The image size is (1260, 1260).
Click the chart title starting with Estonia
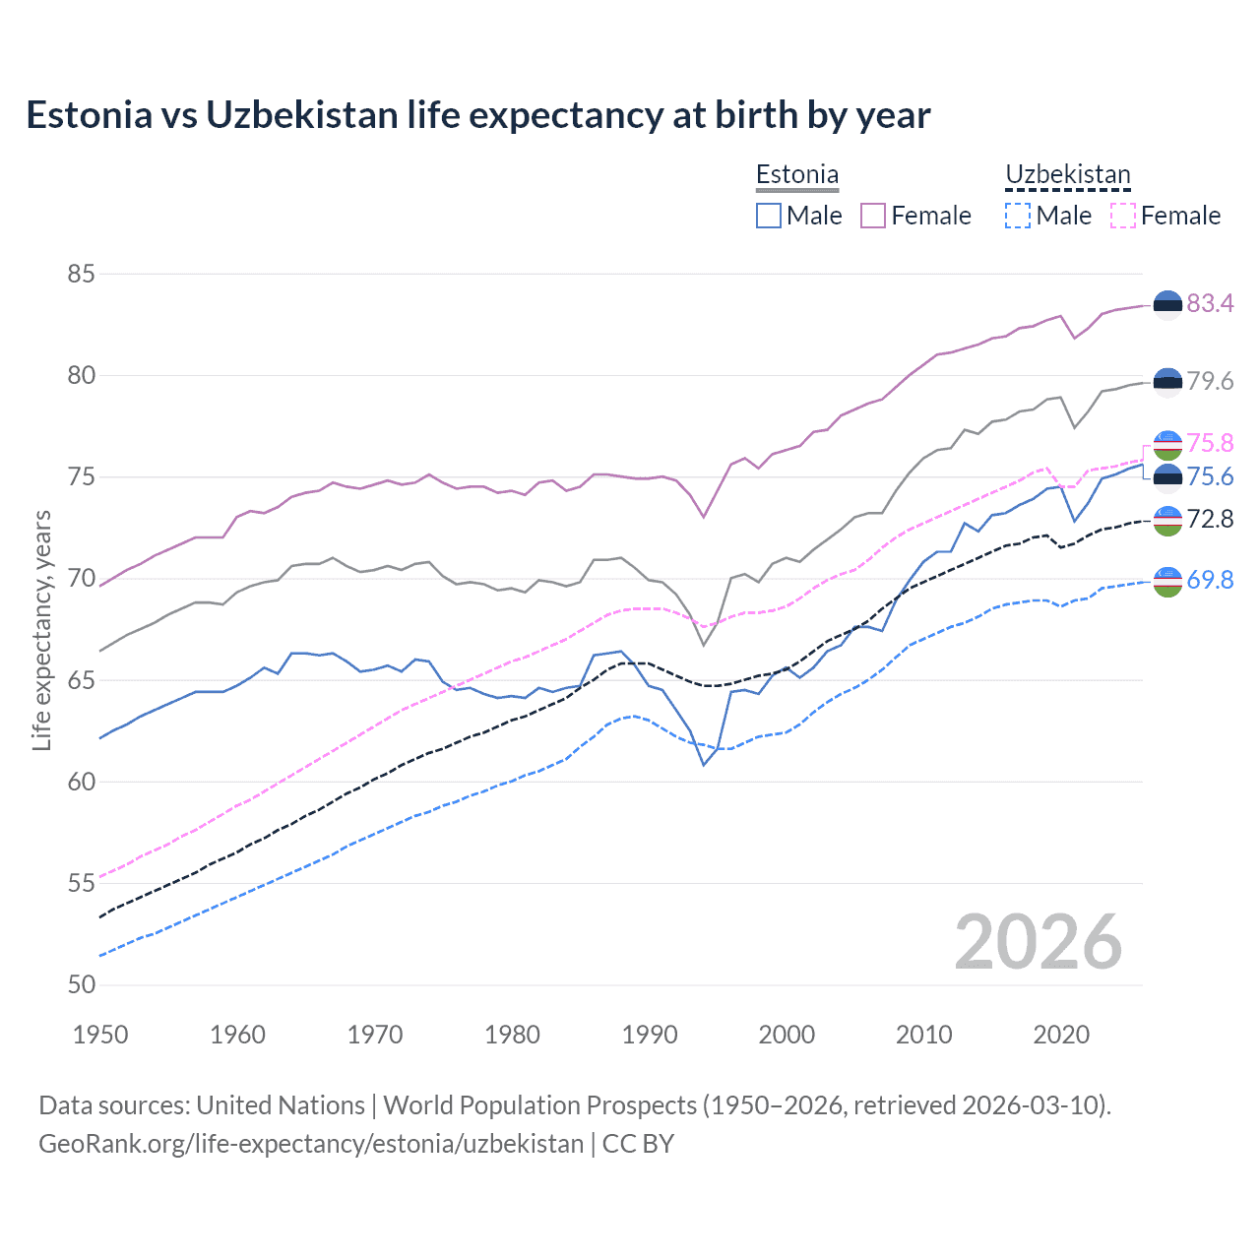[477, 115]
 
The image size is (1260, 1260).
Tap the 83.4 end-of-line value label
[1210, 303]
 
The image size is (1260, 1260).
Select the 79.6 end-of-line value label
[1210, 381]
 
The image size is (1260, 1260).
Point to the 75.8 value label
[1210, 443]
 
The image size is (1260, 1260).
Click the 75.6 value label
[1210, 477]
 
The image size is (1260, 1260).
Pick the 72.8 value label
[1210, 519]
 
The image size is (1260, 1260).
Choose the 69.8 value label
[1210, 580]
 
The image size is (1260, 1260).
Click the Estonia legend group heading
[797, 174]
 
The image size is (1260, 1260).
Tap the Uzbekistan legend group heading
[1067, 174]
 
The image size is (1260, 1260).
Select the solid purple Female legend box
[873, 216]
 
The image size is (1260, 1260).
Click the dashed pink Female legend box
[1122, 216]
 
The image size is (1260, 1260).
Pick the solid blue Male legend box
[769, 216]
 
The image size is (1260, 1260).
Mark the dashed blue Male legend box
[1018, 216]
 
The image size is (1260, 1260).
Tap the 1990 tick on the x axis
[650, 1035]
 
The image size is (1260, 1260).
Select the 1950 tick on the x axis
[100, 1035]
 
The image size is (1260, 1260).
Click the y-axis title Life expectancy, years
[41, 630]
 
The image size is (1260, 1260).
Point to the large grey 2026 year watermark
[1038, 942]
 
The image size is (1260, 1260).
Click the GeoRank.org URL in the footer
[311, 1143]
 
